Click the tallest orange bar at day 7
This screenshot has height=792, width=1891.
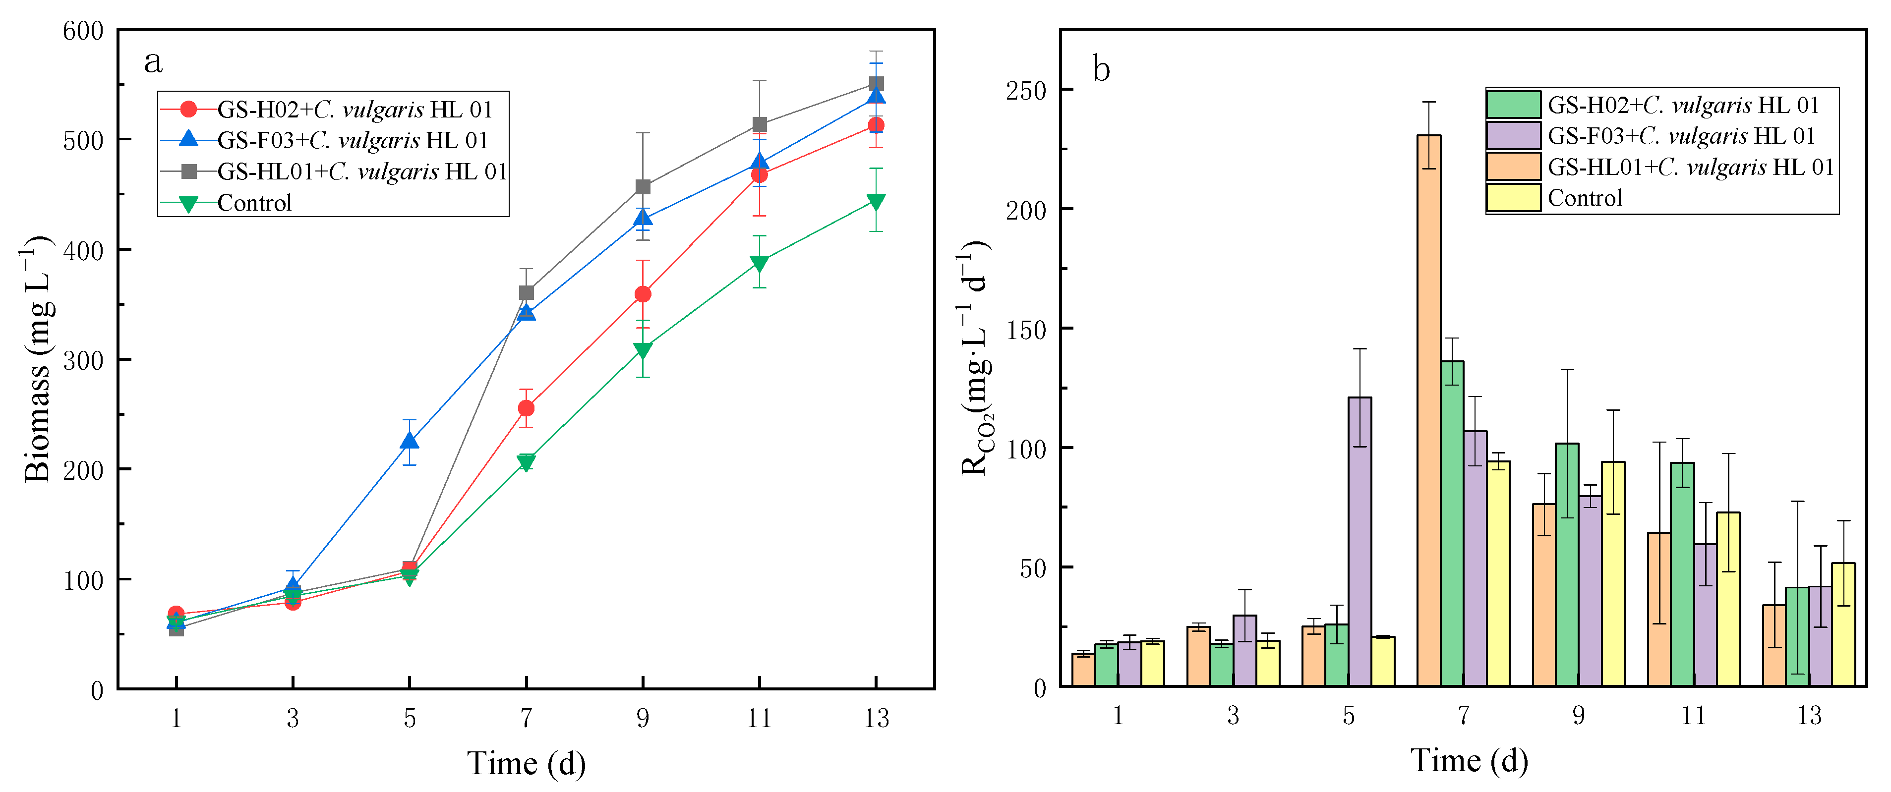tap(1428, 411)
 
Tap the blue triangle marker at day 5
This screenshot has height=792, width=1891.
tap(410, 441)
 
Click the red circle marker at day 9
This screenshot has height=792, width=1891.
tap(643, 294)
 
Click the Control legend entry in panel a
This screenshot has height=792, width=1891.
tap(254, 203)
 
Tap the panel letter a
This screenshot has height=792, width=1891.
tap(153, 62)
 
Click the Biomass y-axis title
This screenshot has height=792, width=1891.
tap(38, 360)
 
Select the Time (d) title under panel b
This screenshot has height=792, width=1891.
tap(1469, 760)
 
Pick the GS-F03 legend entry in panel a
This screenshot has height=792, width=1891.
tap(353, 140)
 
